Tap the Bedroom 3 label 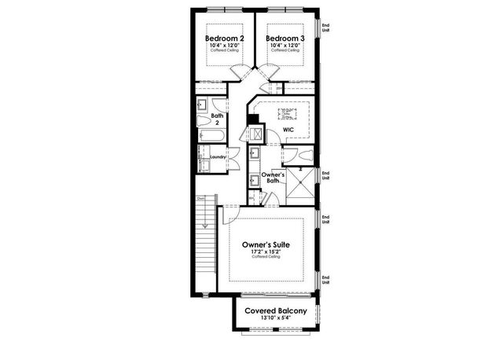click(284, 38)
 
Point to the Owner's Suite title click(268, 244)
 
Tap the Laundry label click(218, 156)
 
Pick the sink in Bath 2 click(201, 105)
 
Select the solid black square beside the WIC click(253, 120)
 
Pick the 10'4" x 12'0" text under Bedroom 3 click(284, 44)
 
